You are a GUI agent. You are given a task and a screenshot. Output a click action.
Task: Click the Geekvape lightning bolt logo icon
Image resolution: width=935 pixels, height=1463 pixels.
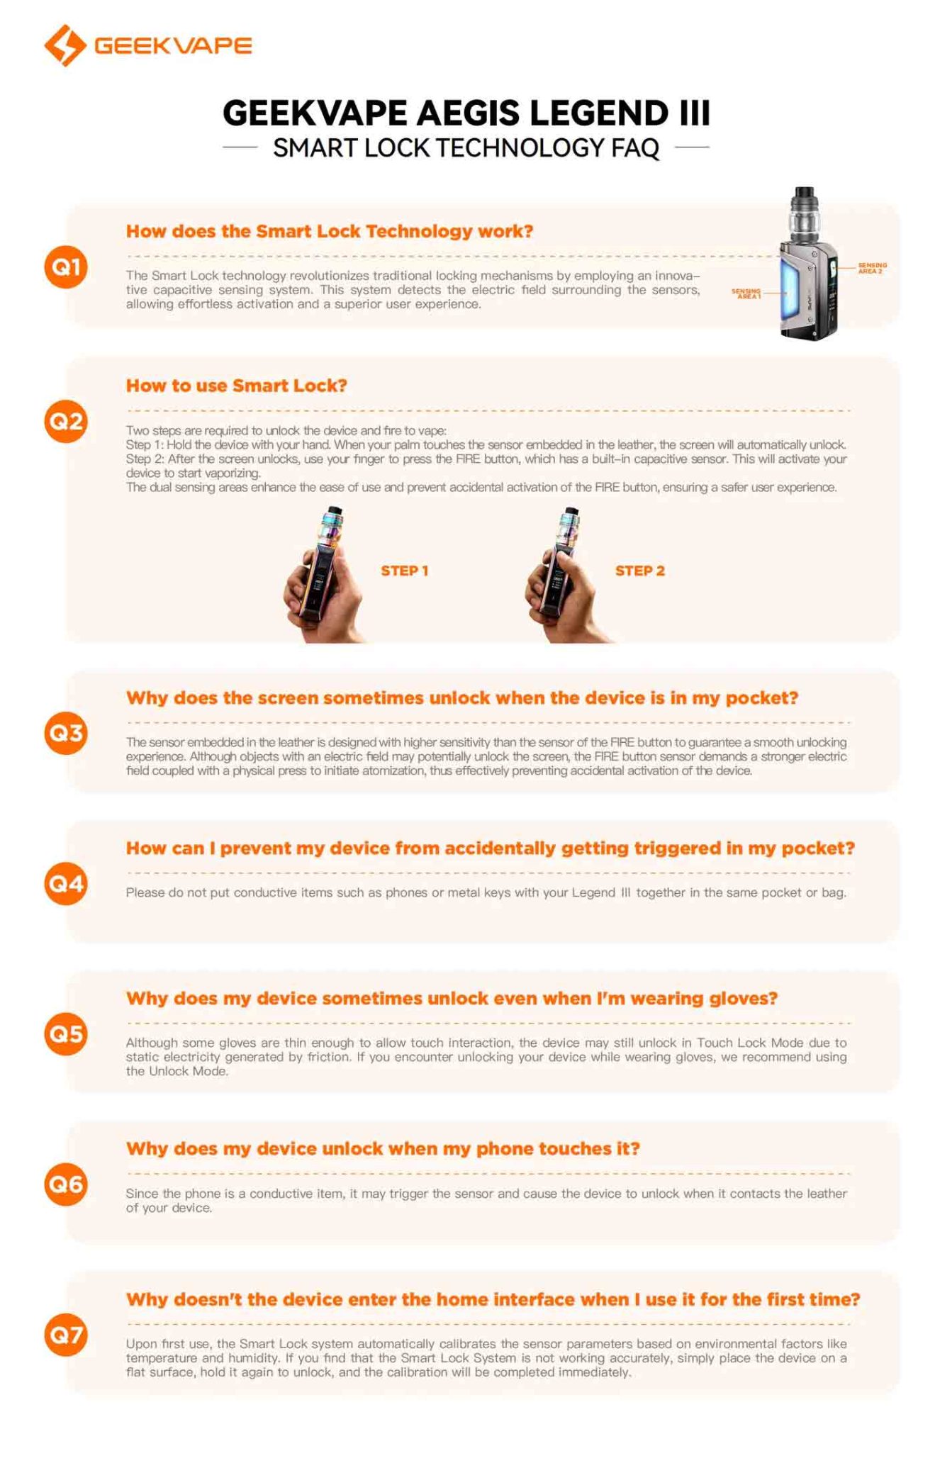pos(65,45)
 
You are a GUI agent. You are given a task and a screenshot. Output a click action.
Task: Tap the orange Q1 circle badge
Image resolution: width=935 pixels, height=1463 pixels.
pos(65,267)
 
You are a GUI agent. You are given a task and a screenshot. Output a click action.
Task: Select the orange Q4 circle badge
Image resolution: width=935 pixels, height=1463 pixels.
pos(65,883)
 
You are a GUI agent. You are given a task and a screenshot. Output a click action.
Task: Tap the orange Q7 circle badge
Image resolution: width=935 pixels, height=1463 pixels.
pos(65,1335)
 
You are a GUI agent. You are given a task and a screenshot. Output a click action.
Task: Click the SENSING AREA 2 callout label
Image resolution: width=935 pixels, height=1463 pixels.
pos(871,268)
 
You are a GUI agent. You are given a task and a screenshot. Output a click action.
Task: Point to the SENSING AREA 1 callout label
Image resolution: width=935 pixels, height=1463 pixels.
pos(746,293)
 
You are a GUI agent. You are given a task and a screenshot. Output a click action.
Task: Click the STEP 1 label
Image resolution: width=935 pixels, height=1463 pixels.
pos(404,571)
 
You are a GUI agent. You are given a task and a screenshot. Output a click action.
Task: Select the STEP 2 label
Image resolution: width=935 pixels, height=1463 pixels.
pos(639,571)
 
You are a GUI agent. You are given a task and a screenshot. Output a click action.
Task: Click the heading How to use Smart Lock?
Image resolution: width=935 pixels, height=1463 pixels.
pos(236,386)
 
